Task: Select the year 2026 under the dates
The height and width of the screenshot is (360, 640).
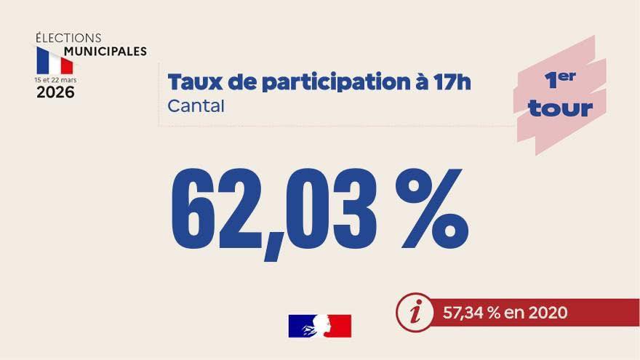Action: tap(55, 92)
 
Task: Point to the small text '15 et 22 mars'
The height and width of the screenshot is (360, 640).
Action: tap(55, 79)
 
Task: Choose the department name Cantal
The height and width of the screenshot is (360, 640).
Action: tap(196, 105)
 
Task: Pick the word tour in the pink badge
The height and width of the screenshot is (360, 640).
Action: tap(560, 109)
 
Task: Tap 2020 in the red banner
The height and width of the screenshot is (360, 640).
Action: tap(548, 313)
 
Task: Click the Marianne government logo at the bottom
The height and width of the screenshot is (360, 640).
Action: tap(320, 326)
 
